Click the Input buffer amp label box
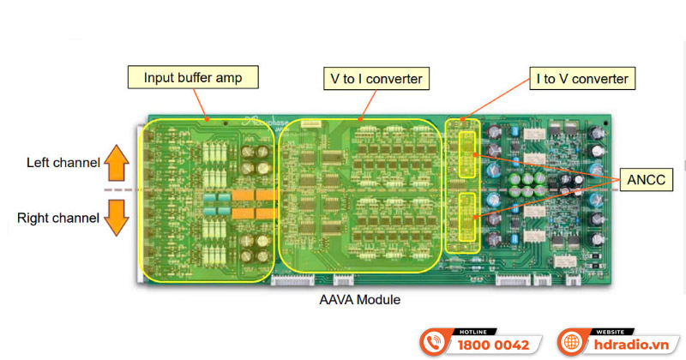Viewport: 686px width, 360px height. pyautogui.click(x=193, y=77)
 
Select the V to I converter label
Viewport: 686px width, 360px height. pyautogui.click(x=376, y=79)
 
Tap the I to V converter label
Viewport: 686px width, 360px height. pyautogui.click(x=582, y=79)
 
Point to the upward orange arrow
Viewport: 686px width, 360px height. pyautogui.click(x=117, y=160)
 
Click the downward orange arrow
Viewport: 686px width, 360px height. pyautogui.click(x=117, y=218)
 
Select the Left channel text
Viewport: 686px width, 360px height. pyautogui.click(x=63, y=161)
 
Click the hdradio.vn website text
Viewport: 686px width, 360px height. pyautogui.click(x=633, y=345)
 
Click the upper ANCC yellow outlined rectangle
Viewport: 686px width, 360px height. pyautogui.click(x=468, y=153)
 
